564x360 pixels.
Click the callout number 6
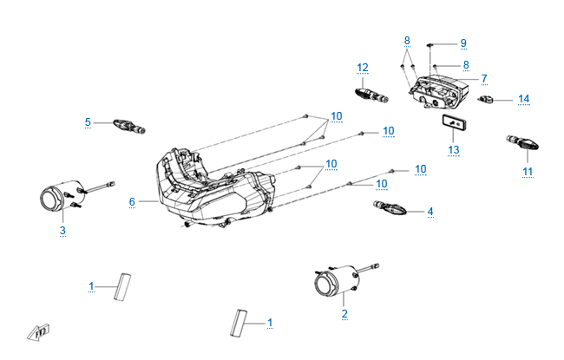coord(132,201)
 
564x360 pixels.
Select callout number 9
coord(462,43)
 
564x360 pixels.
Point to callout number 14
coord(523,99)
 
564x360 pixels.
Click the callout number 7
coord(484,78)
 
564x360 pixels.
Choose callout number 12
coord(363,67)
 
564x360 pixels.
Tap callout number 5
coord(88,122)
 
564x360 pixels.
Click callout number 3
coord(62,230)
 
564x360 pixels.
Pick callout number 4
coord(430,211)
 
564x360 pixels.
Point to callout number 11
coord(528,172)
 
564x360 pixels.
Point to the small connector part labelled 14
coord(489,101)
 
